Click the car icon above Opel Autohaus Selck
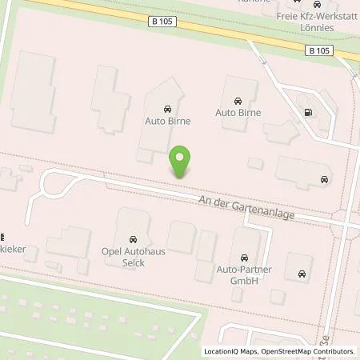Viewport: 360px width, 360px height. (x=132, y=239)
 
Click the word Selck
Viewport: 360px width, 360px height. (x=133, y=262)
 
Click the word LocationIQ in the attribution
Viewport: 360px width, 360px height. (x=220, y=351)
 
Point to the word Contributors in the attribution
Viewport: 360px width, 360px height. (x=333, y=351)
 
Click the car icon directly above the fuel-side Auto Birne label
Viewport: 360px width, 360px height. (x=238, y=101)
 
